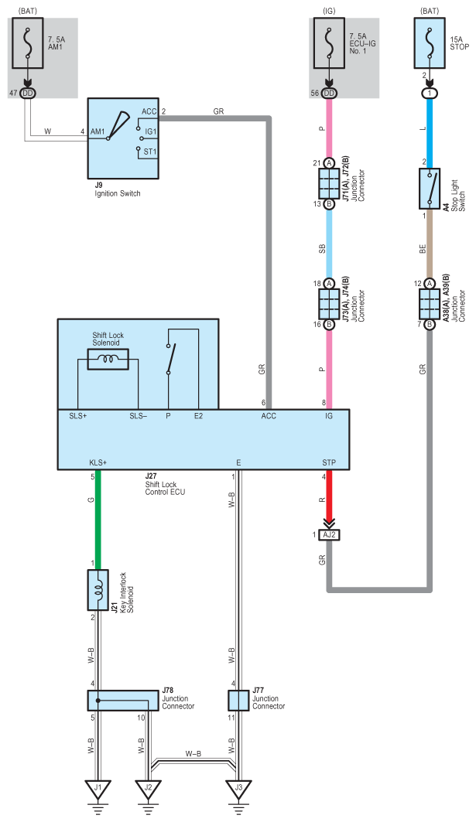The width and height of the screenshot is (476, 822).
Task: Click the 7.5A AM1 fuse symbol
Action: pyautogui.click(x=28, y=43)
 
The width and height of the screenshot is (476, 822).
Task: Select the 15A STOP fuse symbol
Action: pyautogui.click(x=430, y=43)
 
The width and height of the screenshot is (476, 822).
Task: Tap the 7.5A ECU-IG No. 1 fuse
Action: pyautogui.click(x=329, y=43)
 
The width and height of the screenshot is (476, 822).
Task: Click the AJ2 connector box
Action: pyautogui.click(x=329, y=534)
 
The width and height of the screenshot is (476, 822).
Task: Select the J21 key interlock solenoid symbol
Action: pyautogui.click(x=98, y=590)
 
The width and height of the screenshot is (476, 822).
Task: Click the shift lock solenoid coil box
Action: pyautogui.click(x=108, y=360)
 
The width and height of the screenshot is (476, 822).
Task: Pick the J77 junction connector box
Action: pyautogui.click(x=238, y=701)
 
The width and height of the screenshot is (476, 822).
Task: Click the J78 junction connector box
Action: pyautogui.click(x=123, y=701)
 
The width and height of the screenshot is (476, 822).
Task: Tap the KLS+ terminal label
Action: pyautogui.click(x=98, y=463)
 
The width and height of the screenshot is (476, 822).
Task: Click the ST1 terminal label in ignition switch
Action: pyautogui.click(x=150, y=152)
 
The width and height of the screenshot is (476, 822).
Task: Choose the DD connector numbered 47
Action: pyautogui.click(x=28, y=94)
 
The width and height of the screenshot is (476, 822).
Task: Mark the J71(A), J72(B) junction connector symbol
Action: pyautogui.click(x=329, y=183)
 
